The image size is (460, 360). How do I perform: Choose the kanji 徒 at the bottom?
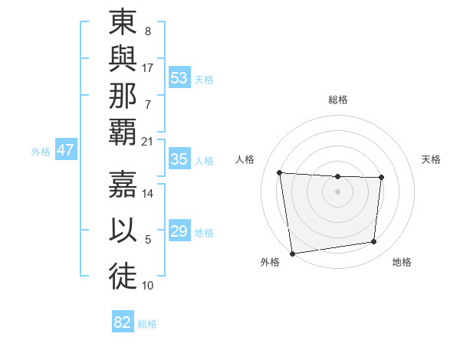coord(123,275)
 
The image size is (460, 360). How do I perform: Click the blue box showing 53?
coord(179,78)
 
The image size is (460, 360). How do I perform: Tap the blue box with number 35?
coord(179,159)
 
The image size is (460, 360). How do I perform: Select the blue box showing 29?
coord(179,231)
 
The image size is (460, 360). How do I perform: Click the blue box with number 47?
coord(65,150)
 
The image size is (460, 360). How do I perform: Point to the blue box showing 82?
coord(123,322)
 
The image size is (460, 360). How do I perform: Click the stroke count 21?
coord(148,141)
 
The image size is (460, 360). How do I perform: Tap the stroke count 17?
coord(148,67)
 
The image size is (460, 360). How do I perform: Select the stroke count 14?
coord(148,194)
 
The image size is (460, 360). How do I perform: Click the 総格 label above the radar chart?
coord(338,100)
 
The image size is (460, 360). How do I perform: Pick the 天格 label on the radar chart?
coord(431,159)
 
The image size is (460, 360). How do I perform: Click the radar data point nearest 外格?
coord(292,253)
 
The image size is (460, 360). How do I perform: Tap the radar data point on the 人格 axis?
coord(280,172)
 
